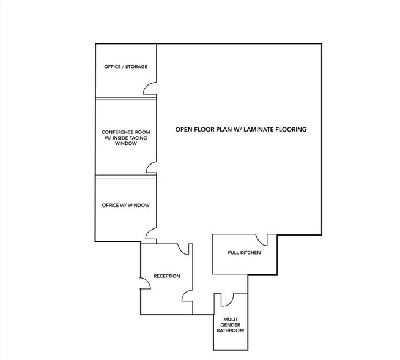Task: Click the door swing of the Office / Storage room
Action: coord(149,90)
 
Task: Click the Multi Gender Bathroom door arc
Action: coord(226,300)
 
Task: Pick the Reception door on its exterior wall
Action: coord(146,282)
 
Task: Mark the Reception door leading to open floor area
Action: coord(183,249)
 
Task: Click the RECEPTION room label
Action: coord(167,276)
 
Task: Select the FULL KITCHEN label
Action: coord(245,253)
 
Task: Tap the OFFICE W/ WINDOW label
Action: coord(126,205)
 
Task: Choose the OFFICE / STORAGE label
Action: coord(125,67)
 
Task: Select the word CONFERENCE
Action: coord(117,132)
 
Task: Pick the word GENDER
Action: coord(230,325)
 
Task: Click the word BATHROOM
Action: coord(230,331)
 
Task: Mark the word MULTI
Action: coord(230,319)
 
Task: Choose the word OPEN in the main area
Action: coord(185,130)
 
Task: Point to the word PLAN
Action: coord(218,130)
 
